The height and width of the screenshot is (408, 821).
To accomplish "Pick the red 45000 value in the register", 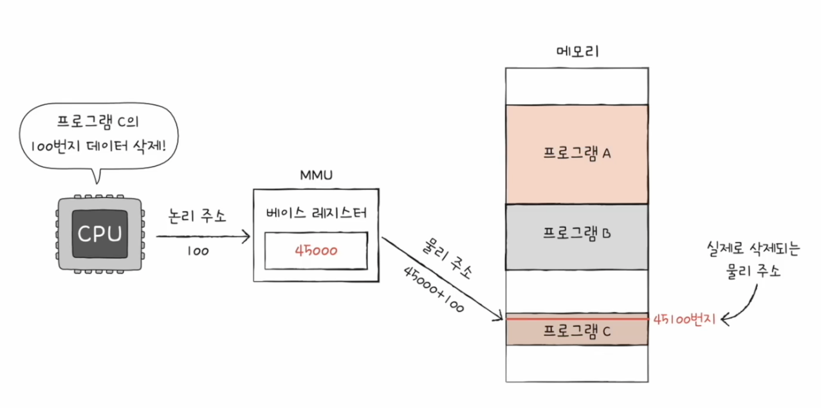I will (315, 250).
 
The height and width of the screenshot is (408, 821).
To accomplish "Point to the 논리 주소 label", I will (198, 217).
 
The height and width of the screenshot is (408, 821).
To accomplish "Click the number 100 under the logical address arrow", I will (198, 251).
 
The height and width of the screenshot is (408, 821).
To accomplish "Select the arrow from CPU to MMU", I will (203, 237).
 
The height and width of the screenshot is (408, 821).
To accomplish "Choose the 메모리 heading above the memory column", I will (577, 51).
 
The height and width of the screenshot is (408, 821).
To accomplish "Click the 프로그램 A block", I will (577, 154).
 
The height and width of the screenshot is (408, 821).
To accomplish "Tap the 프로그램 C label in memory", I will (577, 332).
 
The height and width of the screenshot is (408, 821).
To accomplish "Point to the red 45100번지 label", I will (684, 319).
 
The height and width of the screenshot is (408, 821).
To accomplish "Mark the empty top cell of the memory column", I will (577, 85).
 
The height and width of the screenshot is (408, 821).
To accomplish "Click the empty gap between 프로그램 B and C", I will (577, 290).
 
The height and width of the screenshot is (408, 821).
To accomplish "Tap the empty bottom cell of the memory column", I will (577, 364).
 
